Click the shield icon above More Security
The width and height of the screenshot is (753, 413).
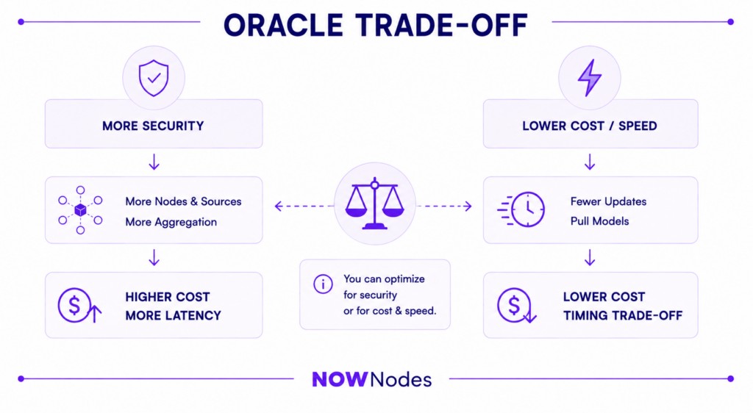click(154, 78)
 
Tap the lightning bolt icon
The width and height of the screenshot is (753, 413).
click(590, 78)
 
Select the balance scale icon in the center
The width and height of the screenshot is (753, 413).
click(374, 204)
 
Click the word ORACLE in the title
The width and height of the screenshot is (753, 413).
click(283, 25)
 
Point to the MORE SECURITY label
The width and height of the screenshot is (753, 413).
click(153, 126)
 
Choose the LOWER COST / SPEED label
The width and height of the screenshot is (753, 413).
click(590, 126)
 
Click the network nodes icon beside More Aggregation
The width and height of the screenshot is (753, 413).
click(80, 210)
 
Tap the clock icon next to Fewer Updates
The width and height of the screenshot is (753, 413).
click(521, 209)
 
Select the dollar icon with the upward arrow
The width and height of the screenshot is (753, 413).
click(79, 306)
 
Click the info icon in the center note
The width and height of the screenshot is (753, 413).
click(323, 284)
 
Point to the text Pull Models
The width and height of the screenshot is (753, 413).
click(600, 221)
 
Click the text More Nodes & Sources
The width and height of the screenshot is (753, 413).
click(183, 201)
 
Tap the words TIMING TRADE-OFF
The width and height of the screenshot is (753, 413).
click(623, 315)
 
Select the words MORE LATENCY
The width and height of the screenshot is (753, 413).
click(174, 315)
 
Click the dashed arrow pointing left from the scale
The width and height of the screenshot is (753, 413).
click(304, 206)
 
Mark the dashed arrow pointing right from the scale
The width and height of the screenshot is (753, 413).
click(444, 206)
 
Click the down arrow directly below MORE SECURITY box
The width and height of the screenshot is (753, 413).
click(154, 162)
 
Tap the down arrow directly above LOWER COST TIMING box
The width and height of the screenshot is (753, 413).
click(590, 258)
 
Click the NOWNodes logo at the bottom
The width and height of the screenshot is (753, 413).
click(371, 379)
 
